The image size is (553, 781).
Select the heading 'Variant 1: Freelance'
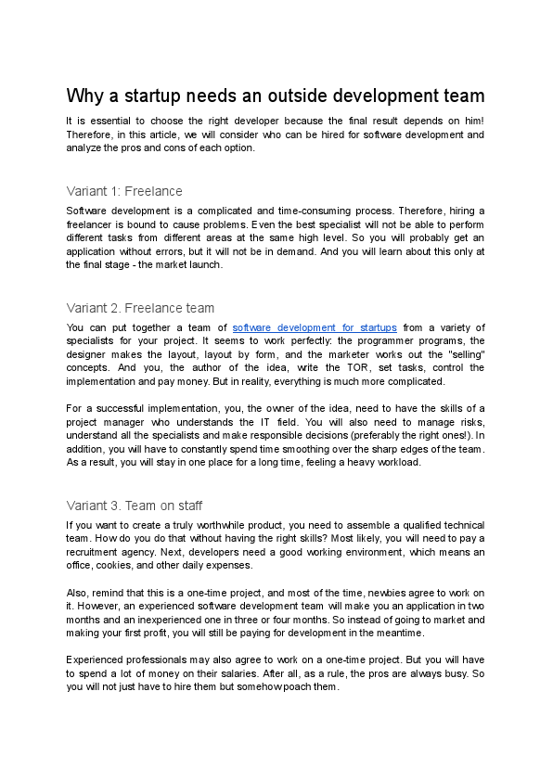[x=124, y=191]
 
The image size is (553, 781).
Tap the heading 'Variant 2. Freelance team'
[x=140, y=308]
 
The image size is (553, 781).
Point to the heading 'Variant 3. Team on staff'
[x=135, y=506]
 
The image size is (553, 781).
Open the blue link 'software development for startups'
[x=315, y=327]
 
